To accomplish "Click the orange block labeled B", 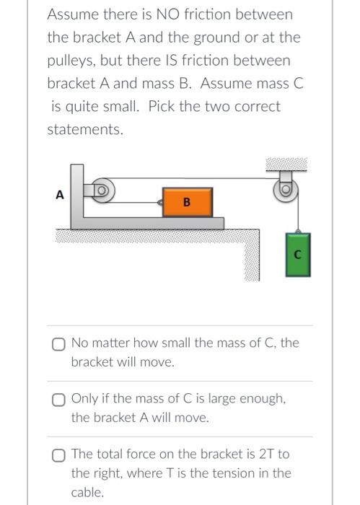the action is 188,202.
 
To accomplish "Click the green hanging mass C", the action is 298,255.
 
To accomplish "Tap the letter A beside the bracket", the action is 60,195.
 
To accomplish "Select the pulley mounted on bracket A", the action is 102,190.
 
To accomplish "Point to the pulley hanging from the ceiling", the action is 286,190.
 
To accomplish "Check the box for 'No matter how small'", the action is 58,344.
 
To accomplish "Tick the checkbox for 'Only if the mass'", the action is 58,400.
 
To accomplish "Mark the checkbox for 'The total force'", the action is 58,456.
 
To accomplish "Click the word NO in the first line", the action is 166,14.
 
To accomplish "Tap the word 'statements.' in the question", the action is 85,129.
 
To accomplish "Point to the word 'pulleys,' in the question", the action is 71,61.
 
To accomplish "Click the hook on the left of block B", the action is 159,202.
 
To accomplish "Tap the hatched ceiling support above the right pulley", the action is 286,164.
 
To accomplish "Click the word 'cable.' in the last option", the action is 87,493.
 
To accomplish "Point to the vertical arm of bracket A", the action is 77,190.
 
